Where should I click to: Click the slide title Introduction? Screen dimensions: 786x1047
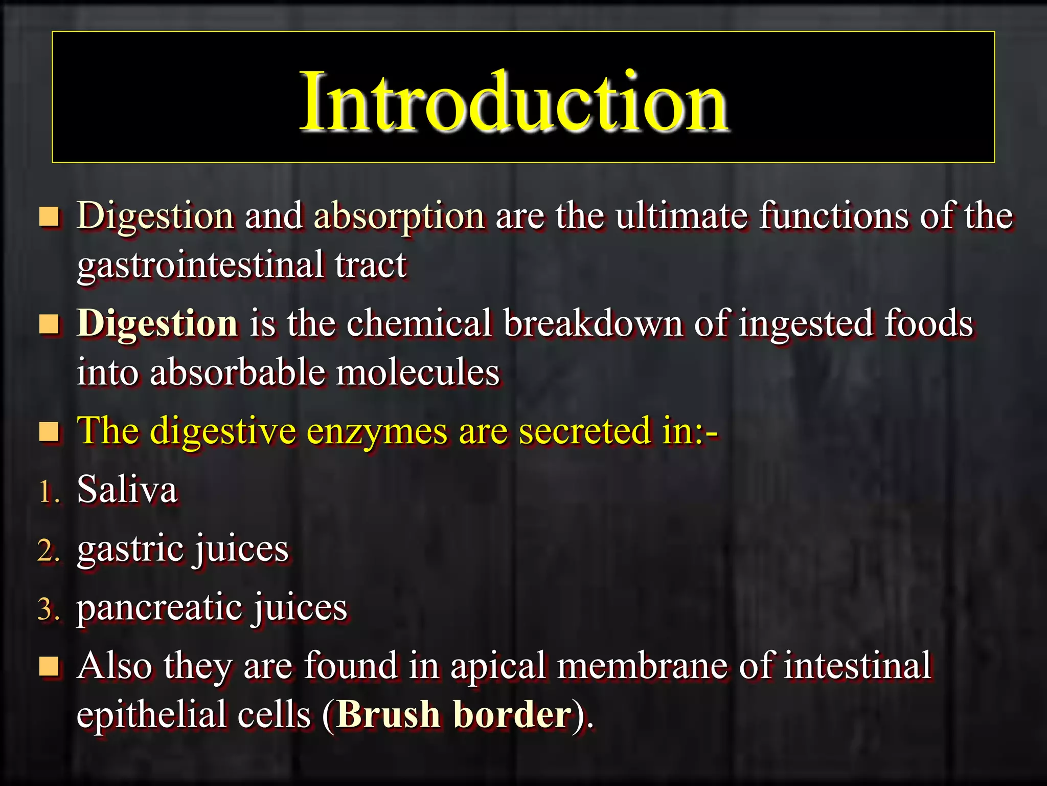(x=514, y=102)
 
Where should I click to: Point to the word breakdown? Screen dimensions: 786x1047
(x=593, y=323)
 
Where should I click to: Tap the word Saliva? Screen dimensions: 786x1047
(x=127, y=490)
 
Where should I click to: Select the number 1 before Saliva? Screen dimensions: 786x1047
(x=47, y=493)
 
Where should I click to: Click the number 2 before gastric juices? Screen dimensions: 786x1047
(x=47, y=552)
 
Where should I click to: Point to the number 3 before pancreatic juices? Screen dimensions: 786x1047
(x=47, y=610)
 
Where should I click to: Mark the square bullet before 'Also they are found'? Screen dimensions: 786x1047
(x=50, y=667)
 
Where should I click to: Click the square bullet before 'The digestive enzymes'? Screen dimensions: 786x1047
(x=50, y=432)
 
